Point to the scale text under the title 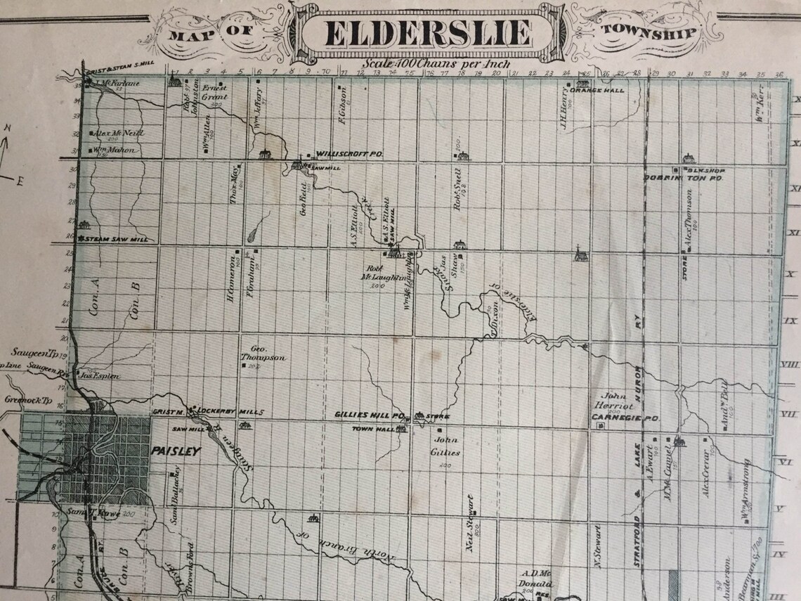click(x=431, y=63)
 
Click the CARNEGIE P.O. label click(x=625, y=418)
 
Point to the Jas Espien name click(x=100, y=376)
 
